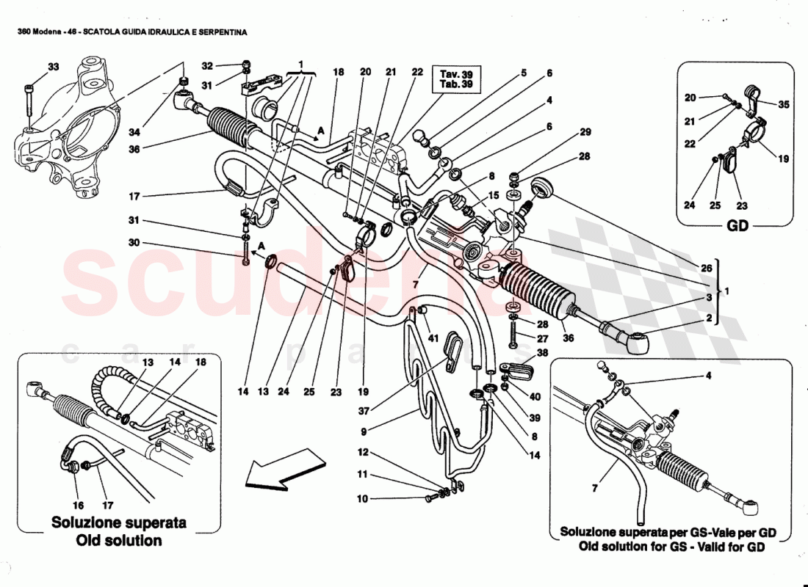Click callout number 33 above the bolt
click(53, 68)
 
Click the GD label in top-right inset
click(737, 226)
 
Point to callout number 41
click(433, 338)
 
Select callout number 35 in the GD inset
click(784, 104)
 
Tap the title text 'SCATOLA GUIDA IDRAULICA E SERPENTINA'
click(165, 32)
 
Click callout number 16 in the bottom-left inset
click(78, 506)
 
